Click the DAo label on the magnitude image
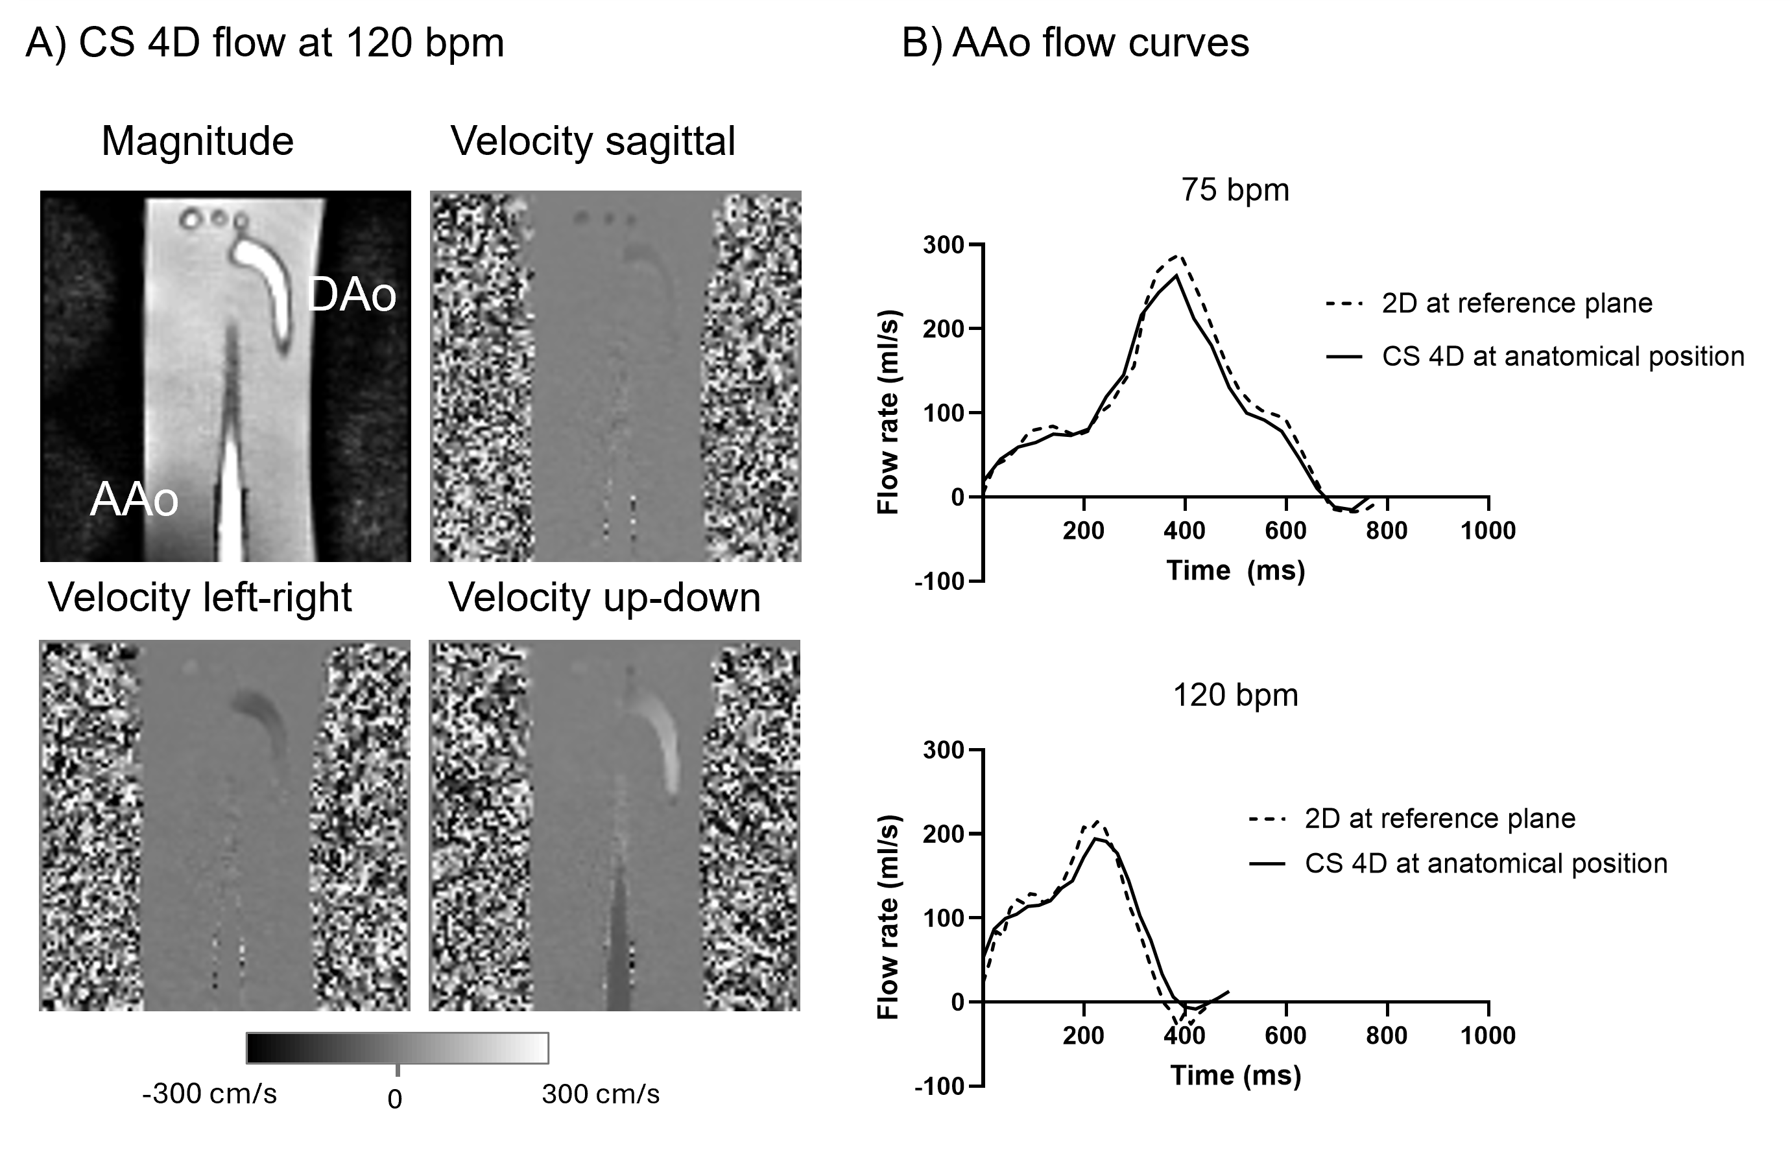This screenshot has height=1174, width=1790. (x=352, y=296)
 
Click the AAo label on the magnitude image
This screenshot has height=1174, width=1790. (x=134, y=500)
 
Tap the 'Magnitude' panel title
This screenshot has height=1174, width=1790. (x=197, y=141)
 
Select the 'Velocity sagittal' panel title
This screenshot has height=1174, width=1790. (x=593, y=141)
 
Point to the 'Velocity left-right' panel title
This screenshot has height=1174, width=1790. (x=200, y=598)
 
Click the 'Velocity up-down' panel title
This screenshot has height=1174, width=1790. (x=604, y=598)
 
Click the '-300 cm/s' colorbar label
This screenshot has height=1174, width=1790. (x=209, y=1094)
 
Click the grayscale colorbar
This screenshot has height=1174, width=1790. (x=397, y=1048)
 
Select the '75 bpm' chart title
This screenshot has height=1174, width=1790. (x=1235, y=189)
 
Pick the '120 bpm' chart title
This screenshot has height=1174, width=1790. (x=1235, y=695)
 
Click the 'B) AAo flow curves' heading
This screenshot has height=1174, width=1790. (x=1075, y=43)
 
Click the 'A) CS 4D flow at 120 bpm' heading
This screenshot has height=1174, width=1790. (x=265, y=43)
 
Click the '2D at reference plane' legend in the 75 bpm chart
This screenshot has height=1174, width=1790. (x=1517, y=303)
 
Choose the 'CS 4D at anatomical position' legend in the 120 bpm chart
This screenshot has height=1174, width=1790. (x=1486, y=863)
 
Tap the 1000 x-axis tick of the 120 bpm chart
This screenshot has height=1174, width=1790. (x=1488, y=1036)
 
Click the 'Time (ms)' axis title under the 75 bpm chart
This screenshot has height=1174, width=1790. (x=1235, y=570)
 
